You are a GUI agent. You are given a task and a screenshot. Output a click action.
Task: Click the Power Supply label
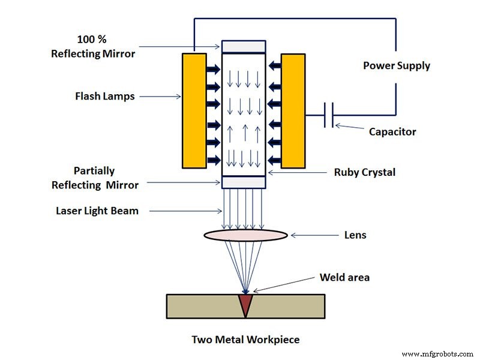pos(397,65)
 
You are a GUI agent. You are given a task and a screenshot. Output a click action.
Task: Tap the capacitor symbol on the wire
pos(328,115)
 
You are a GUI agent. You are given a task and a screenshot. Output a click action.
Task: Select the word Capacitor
pos(392,131)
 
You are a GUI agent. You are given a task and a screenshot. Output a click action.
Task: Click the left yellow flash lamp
pos(193,110)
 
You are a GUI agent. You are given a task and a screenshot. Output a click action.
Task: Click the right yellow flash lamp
pos(293,110)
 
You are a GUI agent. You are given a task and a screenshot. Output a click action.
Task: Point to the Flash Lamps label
pos(106,95)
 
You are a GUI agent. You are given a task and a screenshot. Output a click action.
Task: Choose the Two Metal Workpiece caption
pos(245,339)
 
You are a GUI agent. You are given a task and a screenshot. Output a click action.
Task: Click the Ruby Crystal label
pos(365,172)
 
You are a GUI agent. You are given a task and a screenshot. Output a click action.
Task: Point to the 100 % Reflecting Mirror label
pos(106,47)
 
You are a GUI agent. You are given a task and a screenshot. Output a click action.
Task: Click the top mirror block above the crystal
pos(243,46)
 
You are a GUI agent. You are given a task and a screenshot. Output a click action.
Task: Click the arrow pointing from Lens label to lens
pos(312,235)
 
